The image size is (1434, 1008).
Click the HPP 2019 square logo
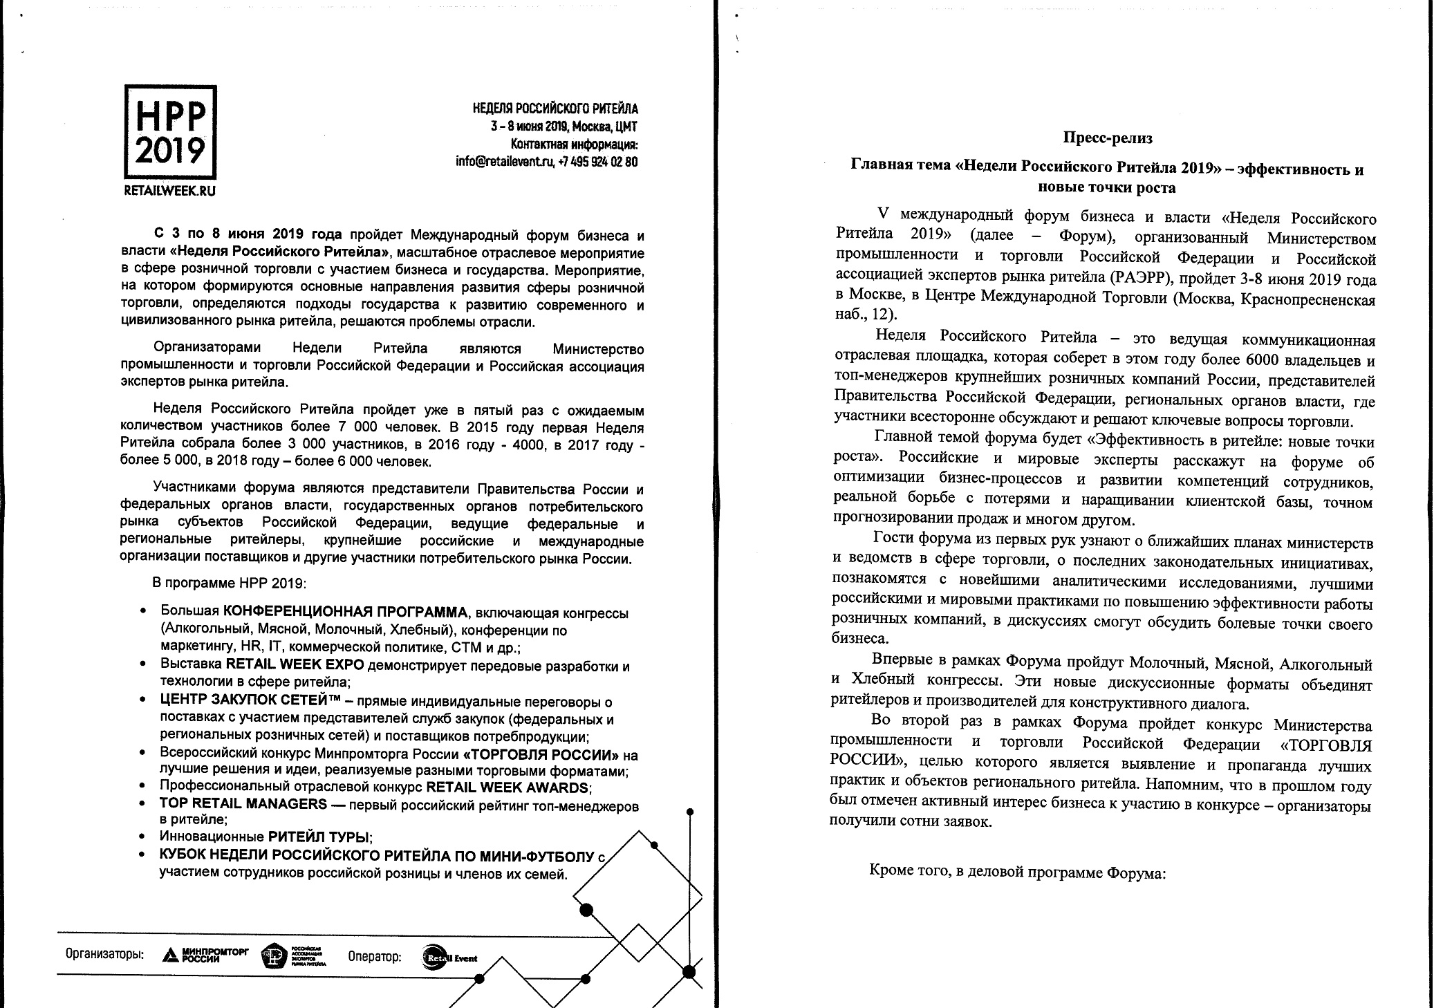coord(170,132)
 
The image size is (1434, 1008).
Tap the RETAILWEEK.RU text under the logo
coord(169,191)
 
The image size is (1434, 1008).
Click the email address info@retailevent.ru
coord(505,162)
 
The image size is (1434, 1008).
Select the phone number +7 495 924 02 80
coord(598,162)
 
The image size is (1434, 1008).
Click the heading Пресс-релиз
coord(1107,138)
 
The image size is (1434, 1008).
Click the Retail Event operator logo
coord(449,958)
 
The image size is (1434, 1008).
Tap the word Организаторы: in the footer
coord(104,955)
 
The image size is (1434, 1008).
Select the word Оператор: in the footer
coord(374,957)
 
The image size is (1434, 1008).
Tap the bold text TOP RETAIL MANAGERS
coord(243,804)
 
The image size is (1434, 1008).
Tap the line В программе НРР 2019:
coord(229,583)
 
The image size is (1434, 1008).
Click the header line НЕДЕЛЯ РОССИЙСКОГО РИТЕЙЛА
coord(555,109)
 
